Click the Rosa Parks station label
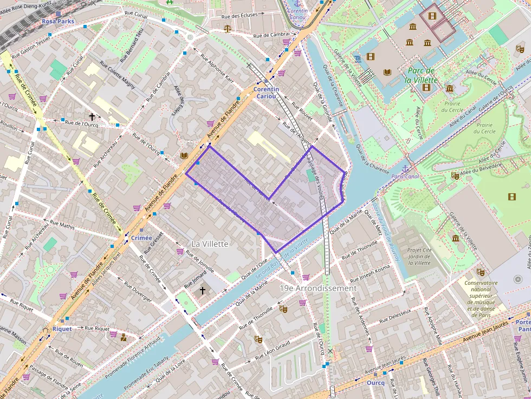pyautogui.click(x=58, y=22)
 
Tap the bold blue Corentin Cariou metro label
pyautogui.click(x=266, y=93)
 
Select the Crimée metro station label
pyautogui.click(x=141, y=238)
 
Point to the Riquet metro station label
pyautogui.click(x=62, y=329)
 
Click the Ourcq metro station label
pyautogui.click(x=375, y=382)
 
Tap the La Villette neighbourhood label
pyautogui.click(x=210, y=244)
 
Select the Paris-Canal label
pyautogui.click(x=405, y=176)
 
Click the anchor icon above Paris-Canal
pyautogui.click(x=405, y=168)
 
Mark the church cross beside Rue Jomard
pyautogui.click(x=203, y=291)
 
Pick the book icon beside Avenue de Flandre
pyautogui.click(x=184, y=155)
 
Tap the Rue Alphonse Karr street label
pyautogui.click(x=217, y=67)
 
